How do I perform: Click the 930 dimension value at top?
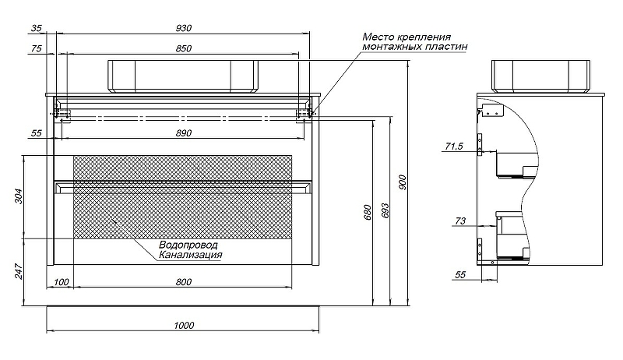184,28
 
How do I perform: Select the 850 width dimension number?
184,48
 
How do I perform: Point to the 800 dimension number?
184,282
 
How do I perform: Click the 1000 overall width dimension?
184,326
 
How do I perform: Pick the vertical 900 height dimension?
403,183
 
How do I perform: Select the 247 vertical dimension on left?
19,270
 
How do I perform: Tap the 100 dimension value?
62,282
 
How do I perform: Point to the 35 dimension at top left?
36,28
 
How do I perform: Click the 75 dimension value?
36,48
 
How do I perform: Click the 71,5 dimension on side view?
454,146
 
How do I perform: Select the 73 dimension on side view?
459,222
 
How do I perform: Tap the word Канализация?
191,255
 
